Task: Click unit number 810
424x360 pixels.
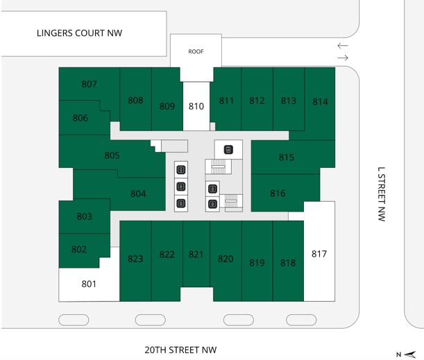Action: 196,106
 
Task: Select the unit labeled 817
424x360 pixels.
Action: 319,254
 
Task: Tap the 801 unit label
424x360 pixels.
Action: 89,284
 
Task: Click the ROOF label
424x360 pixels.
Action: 196,51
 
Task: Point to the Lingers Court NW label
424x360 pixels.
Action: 80,33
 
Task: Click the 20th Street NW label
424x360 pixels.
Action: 180,350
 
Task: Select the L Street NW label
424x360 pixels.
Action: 381,194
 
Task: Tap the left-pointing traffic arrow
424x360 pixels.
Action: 343,46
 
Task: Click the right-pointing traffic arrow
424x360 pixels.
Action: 343,58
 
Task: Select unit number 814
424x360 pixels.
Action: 320,102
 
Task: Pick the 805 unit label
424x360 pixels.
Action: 112,155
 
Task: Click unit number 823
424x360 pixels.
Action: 135,259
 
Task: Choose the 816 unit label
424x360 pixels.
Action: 278,194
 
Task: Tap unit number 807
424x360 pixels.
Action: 90,84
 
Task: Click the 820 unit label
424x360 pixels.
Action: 226,259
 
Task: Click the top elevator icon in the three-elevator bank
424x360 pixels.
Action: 181,170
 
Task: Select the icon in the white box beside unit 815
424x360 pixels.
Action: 228,149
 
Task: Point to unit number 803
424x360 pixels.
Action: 85,216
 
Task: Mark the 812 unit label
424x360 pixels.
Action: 257,101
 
